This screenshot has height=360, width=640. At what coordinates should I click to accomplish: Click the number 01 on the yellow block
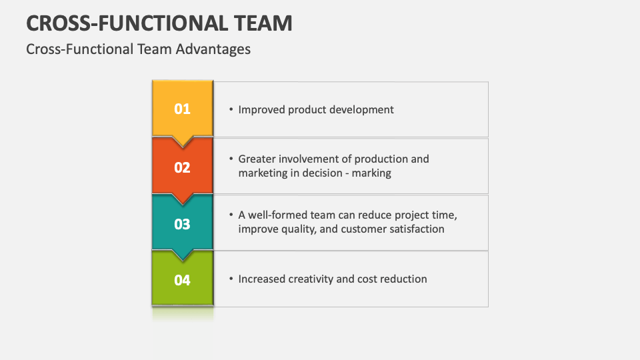coord(182,109)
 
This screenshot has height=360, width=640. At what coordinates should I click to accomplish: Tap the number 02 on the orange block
coord(182,167)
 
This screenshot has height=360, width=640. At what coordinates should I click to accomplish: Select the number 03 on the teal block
coord(182,224)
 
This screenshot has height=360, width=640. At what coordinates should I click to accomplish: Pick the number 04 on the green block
coord(182,280)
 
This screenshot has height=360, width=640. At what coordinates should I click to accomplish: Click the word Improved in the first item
coord(261,109)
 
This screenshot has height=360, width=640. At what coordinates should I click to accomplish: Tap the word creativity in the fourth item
coord(310,279)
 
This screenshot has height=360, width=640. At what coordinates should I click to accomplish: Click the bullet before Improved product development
coord(230,109)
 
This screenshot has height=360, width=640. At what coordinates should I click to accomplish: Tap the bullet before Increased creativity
coord(230,279)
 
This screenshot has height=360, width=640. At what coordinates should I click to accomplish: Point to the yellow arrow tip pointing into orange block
coord(183,141)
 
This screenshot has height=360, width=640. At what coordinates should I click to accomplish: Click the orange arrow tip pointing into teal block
coord(183,198)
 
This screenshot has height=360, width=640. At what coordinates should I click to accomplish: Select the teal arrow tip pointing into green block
coord(183,255)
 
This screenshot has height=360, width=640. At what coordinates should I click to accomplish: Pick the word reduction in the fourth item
coord(403,279)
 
